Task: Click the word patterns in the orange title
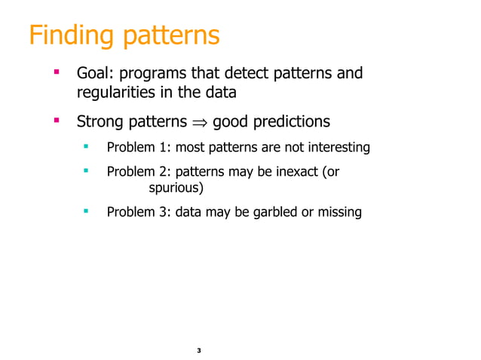point(169,35)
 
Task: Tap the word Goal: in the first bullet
point(96,74)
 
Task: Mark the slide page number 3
point(198,351)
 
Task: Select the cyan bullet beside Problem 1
point(87,146)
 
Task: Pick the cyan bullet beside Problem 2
point(87,171)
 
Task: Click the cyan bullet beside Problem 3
point(87,211)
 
